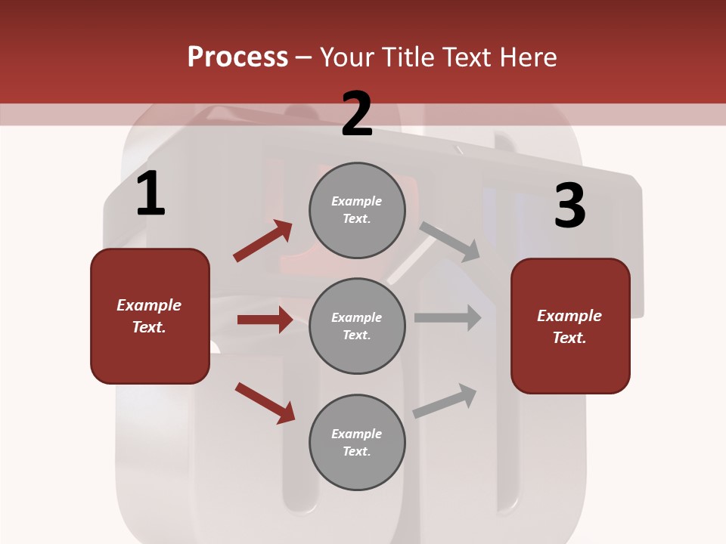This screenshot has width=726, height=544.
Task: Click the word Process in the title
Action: (237, 57)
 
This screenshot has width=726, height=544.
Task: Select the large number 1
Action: (150, 194)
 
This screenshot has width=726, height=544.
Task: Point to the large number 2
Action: (357, 114)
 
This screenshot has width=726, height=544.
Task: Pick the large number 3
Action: (569, 206)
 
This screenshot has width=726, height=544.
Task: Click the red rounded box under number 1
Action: (150, 316)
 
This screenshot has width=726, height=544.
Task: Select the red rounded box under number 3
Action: (570, 326)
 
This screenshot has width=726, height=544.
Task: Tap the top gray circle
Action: (357, 210)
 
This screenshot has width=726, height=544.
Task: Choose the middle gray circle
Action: (357, 326)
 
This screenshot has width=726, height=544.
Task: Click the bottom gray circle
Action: (357, 443)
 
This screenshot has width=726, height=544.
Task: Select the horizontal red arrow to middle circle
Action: (265, 320)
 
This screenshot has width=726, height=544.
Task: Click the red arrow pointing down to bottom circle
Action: (265, 403)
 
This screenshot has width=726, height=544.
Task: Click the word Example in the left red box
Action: (149, 305)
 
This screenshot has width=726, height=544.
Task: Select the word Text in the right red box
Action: (569, 338)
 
